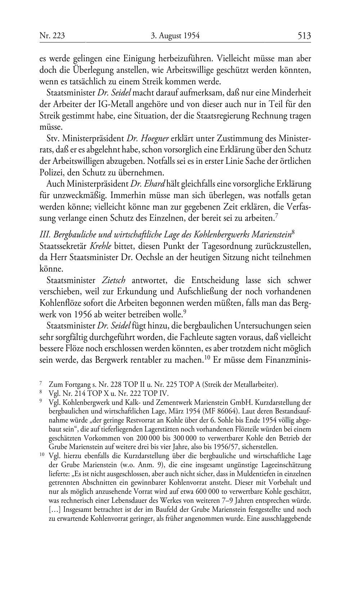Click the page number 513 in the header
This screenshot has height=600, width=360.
pos(304,36)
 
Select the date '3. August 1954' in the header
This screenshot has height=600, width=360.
pos(175,36)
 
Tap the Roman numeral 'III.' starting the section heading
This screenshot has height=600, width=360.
pos(45,235)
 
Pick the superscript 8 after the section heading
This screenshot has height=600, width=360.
pos(293,233)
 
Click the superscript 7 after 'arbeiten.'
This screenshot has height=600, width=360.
pos(276,216)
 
